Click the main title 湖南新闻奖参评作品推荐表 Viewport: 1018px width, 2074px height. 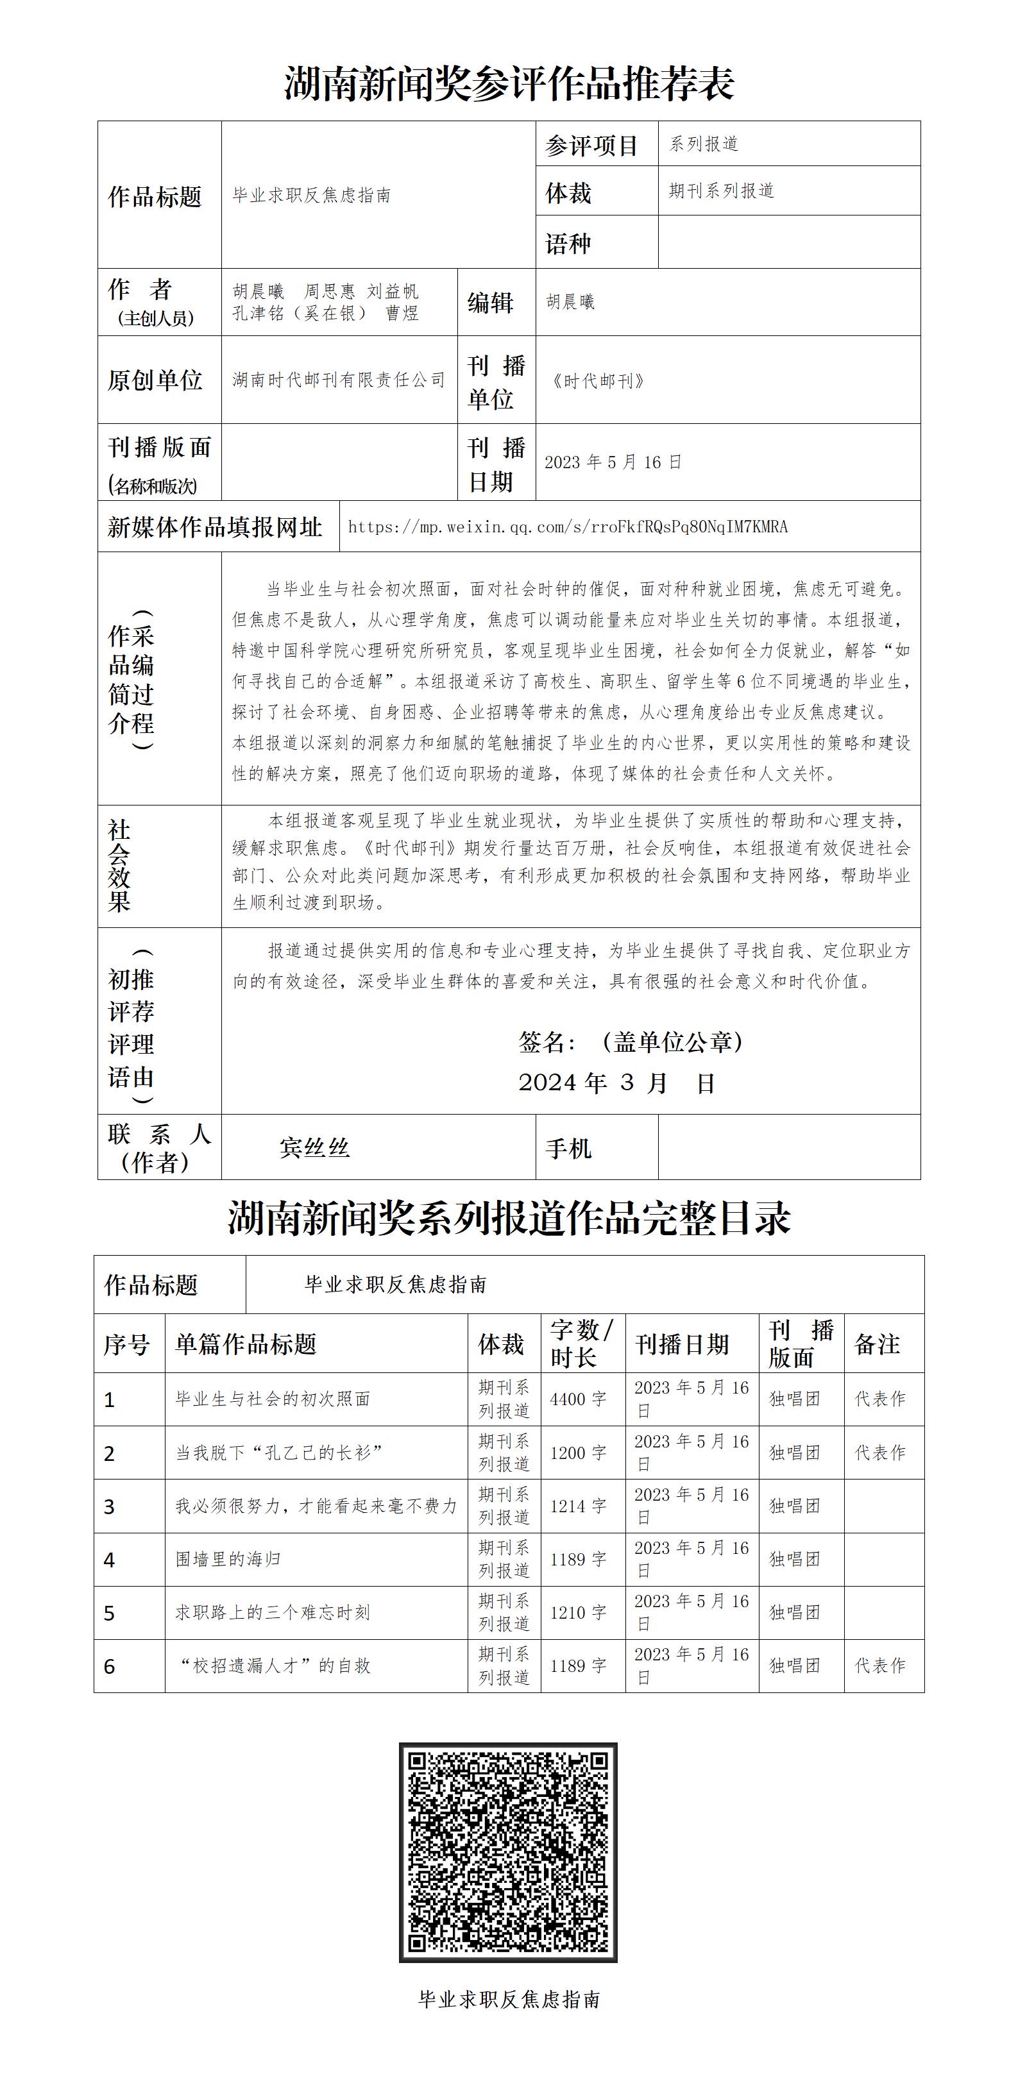point(509,84)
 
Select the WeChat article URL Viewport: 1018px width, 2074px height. point(568,527)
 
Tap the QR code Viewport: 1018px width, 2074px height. point(508,1852)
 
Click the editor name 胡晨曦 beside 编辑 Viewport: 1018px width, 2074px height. point(570,302)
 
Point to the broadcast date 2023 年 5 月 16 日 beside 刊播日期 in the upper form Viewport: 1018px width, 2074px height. point(613,462)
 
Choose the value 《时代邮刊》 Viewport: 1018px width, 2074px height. point(598,381)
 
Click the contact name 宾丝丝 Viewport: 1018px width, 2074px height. point(315,1147)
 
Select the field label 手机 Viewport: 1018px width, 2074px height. point(568,1148)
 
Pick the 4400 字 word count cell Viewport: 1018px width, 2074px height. point(578,1399)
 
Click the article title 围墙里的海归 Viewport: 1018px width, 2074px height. point(228,1560)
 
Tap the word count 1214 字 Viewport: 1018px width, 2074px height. point(578,1506)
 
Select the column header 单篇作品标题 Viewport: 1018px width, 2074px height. point(246,1344)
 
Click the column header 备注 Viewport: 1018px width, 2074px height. point(877,1344)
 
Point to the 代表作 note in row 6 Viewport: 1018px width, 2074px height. point(880,1665)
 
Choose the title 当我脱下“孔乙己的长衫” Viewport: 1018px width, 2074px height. point(278,1453)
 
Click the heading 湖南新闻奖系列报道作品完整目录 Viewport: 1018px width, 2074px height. point(509,1218)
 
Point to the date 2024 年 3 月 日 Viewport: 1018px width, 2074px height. point(616,1084)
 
